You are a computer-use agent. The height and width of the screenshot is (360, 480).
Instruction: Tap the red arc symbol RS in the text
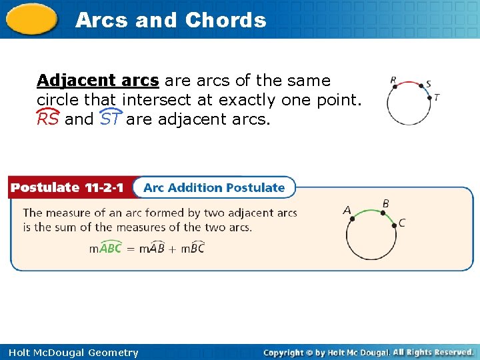[x=48, y=119]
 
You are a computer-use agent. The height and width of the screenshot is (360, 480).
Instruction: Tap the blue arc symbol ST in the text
[x=110, y=119]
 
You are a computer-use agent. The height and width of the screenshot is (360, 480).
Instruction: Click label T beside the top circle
[x=436, y=97]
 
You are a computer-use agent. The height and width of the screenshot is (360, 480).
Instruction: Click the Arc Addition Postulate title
[x=214, y=187]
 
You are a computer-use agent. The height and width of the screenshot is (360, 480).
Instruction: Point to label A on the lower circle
[x=347, y=210]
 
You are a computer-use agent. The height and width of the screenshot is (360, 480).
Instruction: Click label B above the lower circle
[x=386, y=203]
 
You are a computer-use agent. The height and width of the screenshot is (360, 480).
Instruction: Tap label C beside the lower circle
[x=402, y=223]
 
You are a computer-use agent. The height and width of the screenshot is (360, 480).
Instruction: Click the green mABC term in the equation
[x=106, y=248]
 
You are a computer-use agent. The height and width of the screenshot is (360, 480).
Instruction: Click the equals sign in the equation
[x=131, y=249]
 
